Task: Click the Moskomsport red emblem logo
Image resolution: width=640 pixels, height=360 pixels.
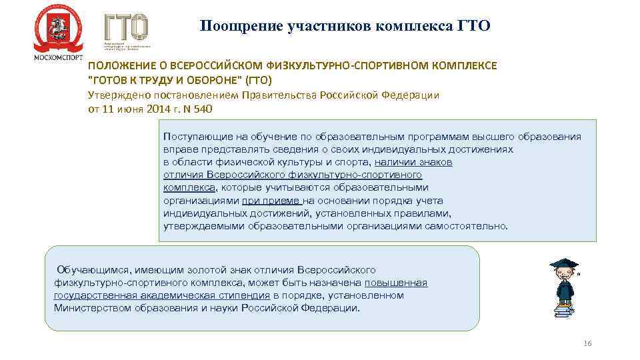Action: [58, 28]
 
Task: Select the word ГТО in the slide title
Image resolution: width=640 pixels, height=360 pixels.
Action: [474, 26]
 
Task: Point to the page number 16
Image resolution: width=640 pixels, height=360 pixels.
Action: [587, 343]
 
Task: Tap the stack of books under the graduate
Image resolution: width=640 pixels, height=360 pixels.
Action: [563, 309]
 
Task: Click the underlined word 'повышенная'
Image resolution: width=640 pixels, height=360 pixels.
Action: [396, 283]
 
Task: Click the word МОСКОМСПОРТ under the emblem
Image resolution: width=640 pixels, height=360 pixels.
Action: [58, 57]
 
